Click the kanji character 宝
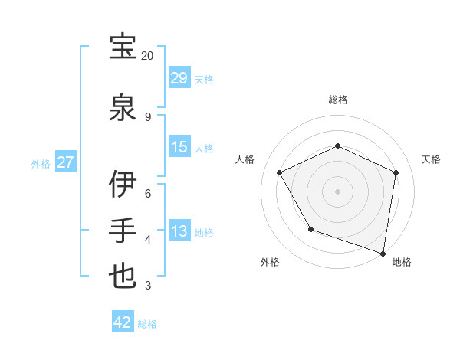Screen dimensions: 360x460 click(123, 47)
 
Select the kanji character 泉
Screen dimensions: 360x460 click(123, 107)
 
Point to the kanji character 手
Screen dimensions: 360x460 click(123, 231)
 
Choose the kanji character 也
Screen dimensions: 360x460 click(123, 277)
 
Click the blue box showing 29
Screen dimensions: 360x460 click(179, 78)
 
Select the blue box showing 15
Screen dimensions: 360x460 click(179, 147)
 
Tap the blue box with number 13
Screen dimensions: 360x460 click(179, 231)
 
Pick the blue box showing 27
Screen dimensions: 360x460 click(65, 162)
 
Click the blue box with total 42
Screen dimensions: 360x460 click(123, 322)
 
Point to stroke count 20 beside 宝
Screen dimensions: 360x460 click(147, 56)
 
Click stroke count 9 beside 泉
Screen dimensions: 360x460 click(147, 116)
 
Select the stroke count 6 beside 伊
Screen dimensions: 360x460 click(148, 194)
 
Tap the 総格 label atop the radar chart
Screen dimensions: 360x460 click(337, 100)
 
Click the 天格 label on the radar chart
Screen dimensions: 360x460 click(431, 159)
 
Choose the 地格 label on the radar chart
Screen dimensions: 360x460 click(402, 262)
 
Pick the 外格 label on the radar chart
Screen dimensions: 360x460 click(270, 262)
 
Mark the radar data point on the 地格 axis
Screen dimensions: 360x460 click(383, 253)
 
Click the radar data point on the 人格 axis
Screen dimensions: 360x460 click(280, 172)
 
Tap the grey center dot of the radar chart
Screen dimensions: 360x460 click(337, 191)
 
